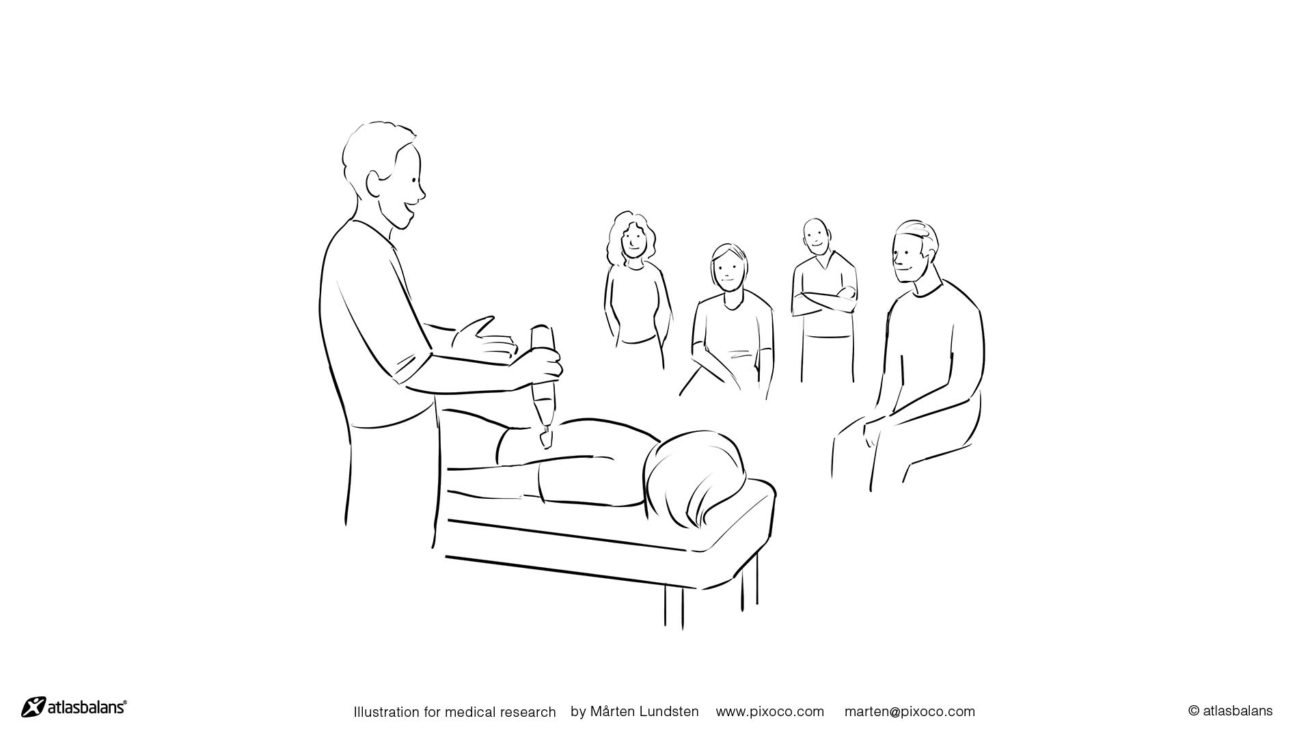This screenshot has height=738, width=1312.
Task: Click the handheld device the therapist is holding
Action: tap(543, 383)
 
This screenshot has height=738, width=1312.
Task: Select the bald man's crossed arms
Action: tap(824, 300)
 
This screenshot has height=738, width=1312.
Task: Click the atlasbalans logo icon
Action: tap(33, 707)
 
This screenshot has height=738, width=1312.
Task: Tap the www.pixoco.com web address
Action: tap(770, 711)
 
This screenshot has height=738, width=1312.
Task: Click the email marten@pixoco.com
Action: tap(910, 711)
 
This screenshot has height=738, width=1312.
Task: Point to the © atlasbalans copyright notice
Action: tap(1231, 711)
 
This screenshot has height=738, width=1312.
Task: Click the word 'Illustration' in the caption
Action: tap(386, 712)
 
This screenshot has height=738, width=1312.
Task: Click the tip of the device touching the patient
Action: tap(547, 444)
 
